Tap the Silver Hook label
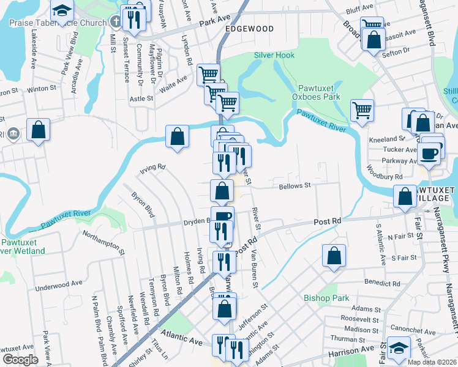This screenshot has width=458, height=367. (274, 55)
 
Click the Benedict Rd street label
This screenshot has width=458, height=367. (382, 284)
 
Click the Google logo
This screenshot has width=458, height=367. (20, 360)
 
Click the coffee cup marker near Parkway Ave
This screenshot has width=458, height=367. (430, 153)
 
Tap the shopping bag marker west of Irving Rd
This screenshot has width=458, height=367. (177, 136)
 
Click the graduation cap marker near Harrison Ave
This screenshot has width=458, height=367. (399, 348)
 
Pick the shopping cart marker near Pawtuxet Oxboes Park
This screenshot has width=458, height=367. (362, 111)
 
